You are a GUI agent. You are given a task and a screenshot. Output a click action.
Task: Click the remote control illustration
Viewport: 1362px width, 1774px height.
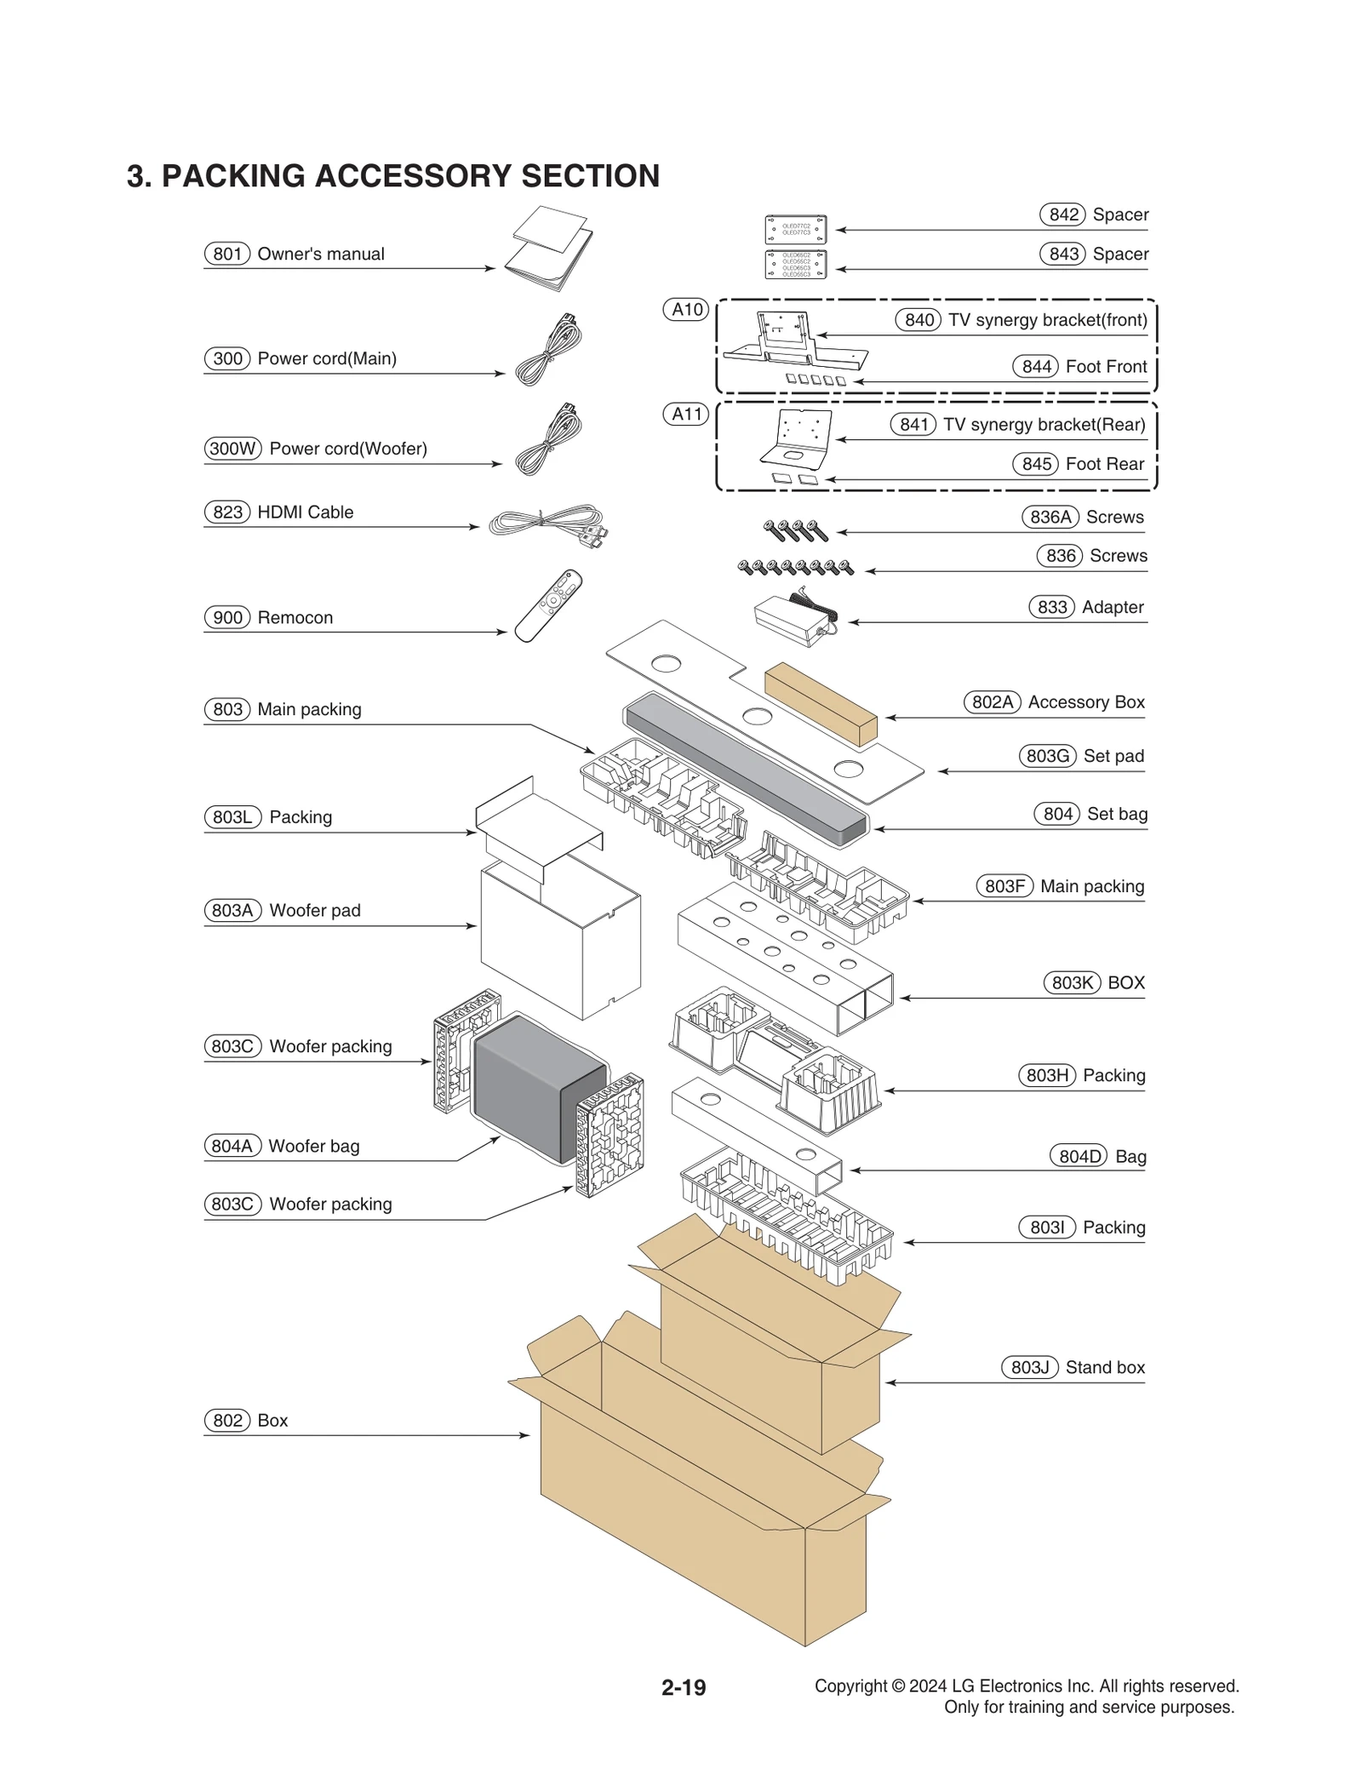548,605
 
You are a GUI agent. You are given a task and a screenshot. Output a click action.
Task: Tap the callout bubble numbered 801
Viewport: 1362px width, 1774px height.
226,254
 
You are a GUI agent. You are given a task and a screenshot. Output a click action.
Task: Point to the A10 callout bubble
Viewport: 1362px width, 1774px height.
686,310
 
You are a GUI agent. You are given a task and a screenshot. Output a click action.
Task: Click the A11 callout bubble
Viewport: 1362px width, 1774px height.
686,415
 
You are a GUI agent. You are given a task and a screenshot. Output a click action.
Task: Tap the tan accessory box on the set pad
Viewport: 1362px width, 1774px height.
821,703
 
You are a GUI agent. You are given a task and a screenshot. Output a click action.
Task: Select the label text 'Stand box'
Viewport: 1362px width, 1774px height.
1104,1367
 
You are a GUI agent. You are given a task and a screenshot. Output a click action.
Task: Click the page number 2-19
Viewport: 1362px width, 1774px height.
684,1687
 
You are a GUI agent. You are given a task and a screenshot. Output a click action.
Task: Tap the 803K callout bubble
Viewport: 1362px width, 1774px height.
1071,982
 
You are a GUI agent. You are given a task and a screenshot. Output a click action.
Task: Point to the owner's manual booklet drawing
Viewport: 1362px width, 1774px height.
549,248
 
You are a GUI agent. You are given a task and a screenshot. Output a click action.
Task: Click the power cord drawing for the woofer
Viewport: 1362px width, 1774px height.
549,439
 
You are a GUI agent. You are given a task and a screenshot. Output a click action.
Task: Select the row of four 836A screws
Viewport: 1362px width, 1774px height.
796,530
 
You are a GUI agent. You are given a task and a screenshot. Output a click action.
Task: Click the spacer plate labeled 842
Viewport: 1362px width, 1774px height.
795,229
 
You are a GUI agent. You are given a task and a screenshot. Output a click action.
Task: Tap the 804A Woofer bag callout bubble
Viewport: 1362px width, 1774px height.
232,1146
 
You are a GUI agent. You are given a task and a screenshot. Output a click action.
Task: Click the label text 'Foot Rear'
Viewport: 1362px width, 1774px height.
1104,464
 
